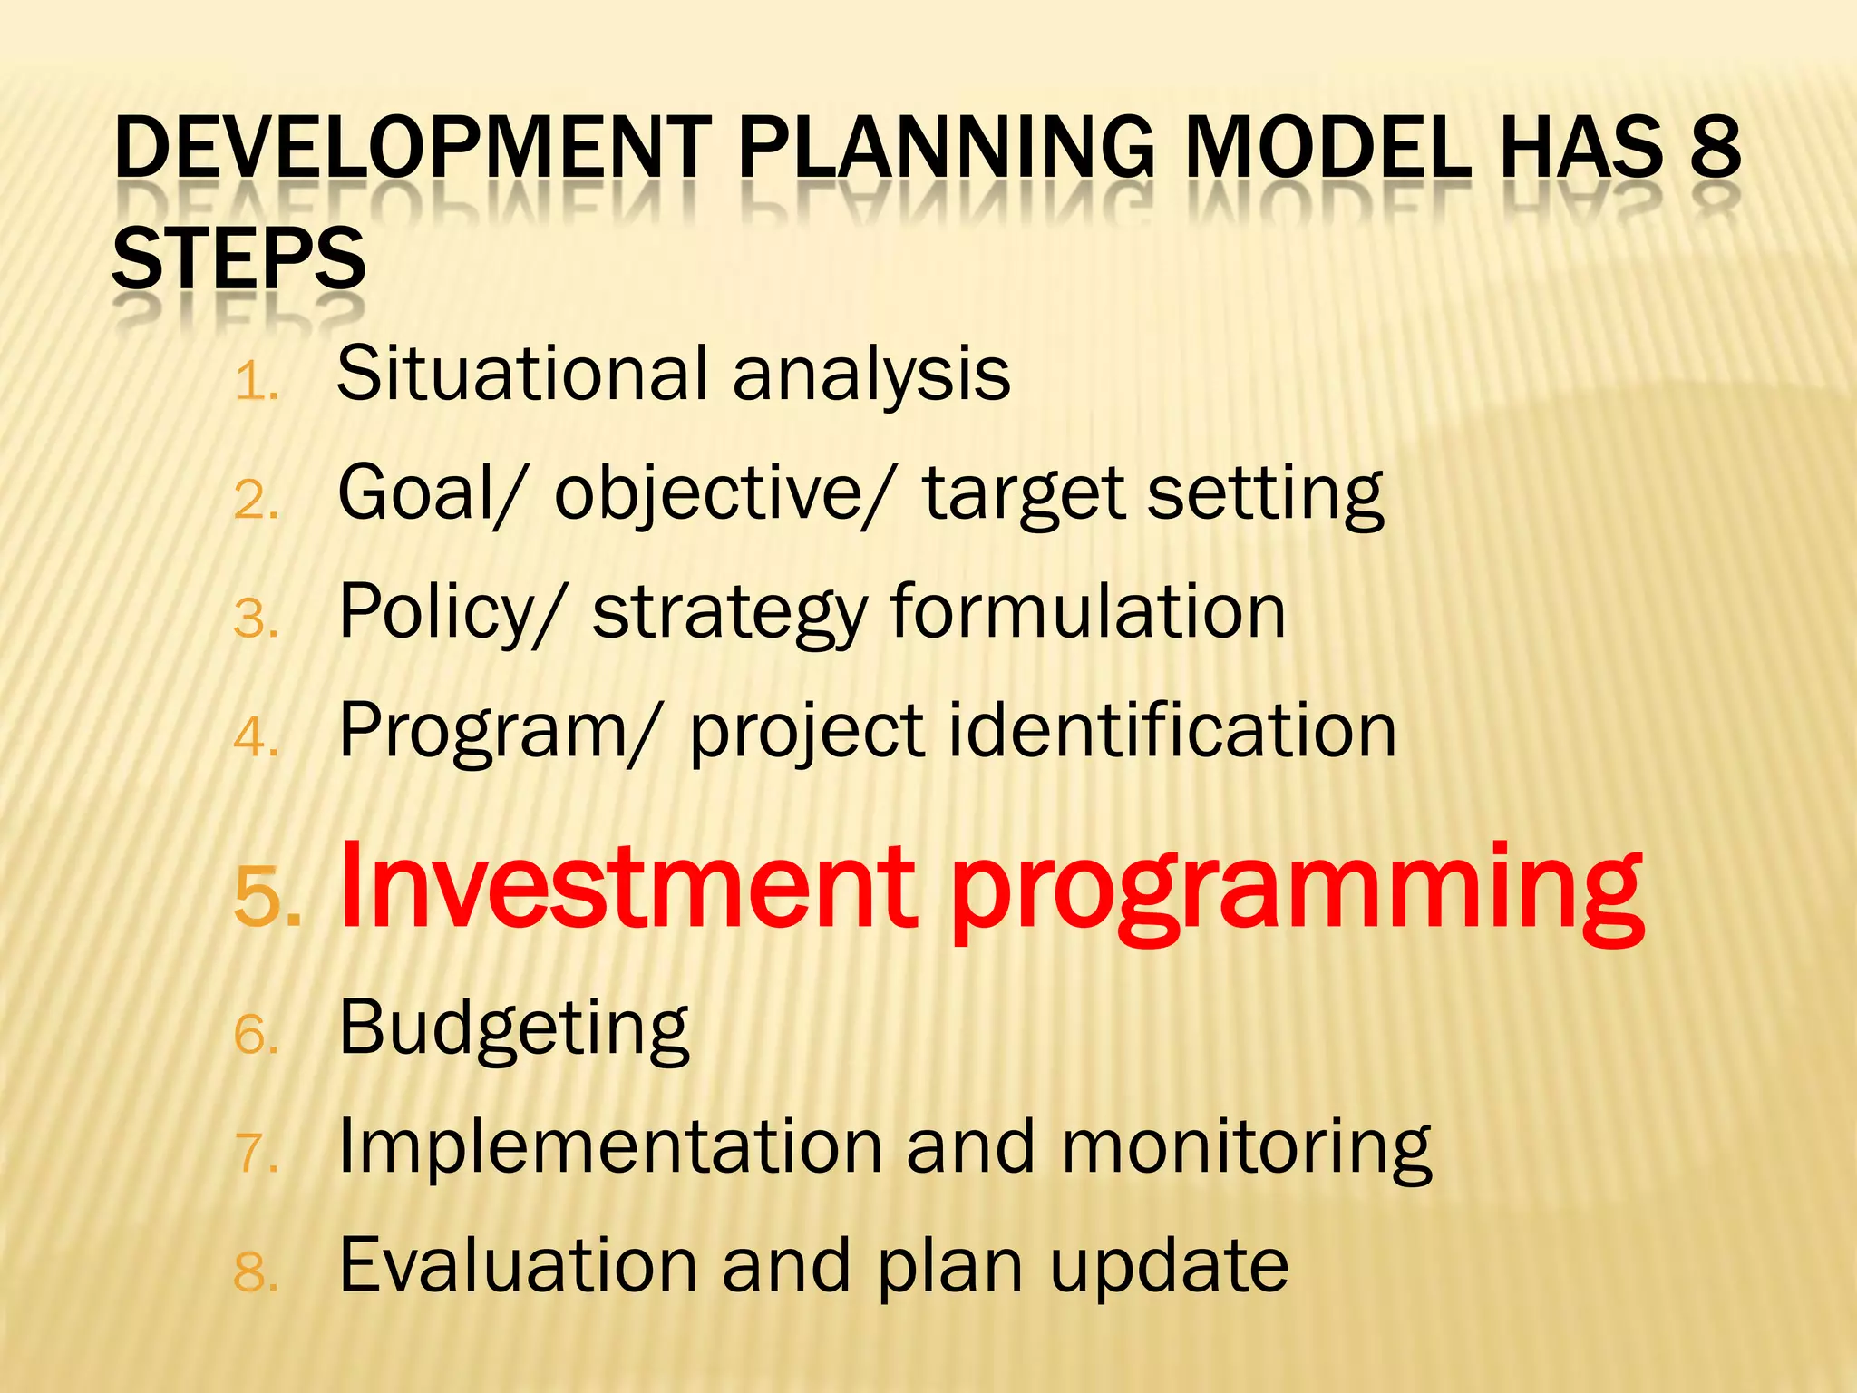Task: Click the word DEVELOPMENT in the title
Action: (413, 147)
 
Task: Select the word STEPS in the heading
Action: (238, 259)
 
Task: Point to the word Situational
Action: (522, 373)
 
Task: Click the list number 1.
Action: (254, 382)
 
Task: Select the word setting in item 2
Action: (1265, 494)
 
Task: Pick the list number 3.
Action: (254, 620)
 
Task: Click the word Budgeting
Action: (513, 1029)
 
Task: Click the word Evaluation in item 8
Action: (518, 1265)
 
